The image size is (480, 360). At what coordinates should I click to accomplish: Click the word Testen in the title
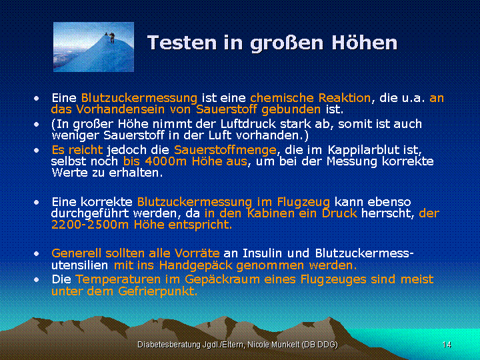tap(183, 42)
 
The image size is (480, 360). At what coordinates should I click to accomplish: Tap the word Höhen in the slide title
tap(364, 42)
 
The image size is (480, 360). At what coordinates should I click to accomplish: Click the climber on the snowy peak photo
tap(111, 37)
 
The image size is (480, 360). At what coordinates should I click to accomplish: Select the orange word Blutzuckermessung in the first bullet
tap(139, 98)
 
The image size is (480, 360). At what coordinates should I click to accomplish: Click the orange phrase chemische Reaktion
tap(311, 98)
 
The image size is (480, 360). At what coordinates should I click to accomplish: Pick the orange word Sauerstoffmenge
tap(225, 150)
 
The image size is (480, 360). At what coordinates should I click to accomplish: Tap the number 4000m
tap(165, 161)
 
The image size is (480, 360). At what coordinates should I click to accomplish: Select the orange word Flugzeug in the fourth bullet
tap(303, 203)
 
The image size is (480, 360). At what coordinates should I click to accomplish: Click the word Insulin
tap(262, 253)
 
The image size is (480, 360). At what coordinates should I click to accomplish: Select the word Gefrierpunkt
tap(157, 291)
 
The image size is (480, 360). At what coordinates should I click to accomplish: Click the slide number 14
tap(447, 345)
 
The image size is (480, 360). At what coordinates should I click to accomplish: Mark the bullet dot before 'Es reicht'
tap(37, 150)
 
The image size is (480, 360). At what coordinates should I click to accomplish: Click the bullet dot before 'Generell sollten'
tap(37, 254)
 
